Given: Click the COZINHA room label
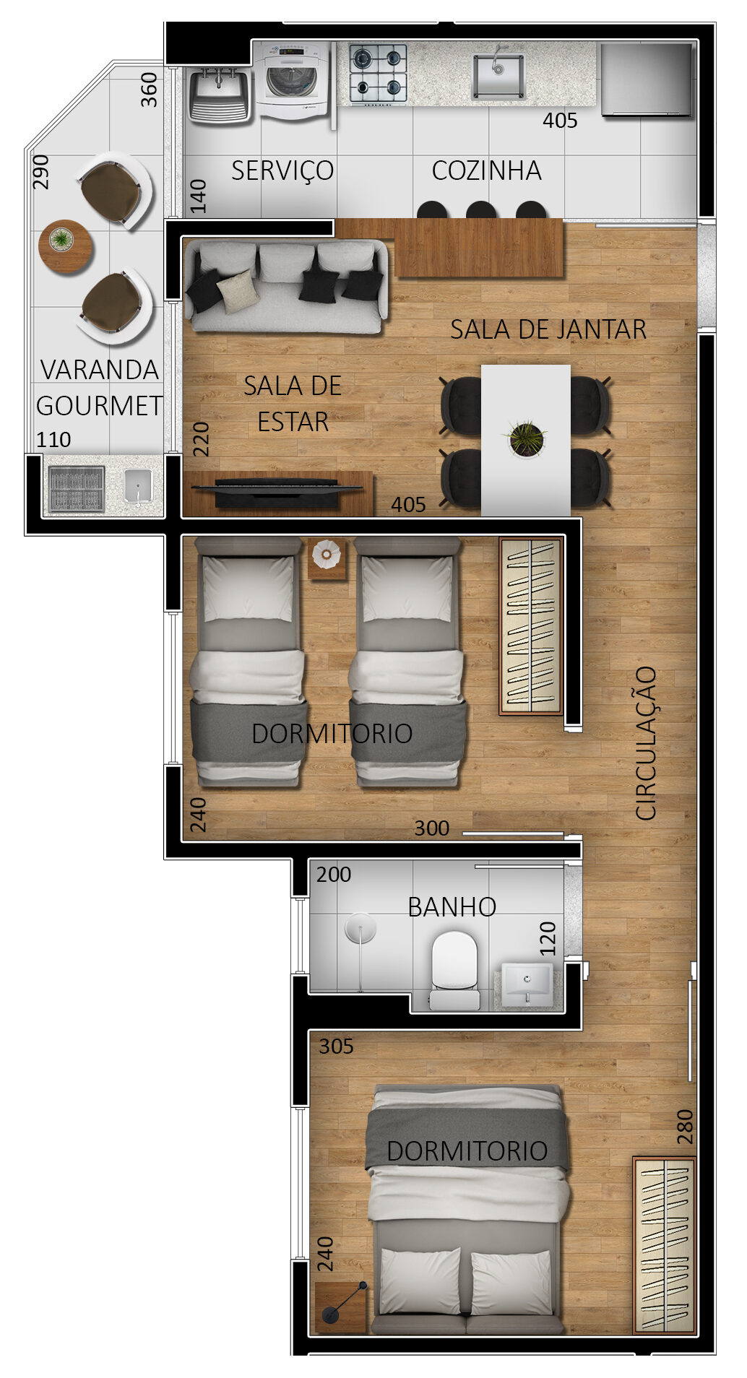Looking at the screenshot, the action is tap(486, 170).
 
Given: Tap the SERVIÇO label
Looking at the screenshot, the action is tap(282, 170).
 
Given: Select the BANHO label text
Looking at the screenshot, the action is tap(452, 906).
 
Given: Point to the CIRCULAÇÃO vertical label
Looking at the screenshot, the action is tap(646, 743).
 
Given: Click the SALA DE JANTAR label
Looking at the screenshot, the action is tap(548, 329).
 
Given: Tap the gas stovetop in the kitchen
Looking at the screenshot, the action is tap(378, 73).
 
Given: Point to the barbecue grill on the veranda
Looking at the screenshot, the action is tap(77, 489).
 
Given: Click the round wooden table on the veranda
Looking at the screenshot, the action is tap(66, 245).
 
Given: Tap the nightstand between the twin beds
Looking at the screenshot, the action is tap(327, 558).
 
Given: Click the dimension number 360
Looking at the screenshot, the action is tap(149, 90).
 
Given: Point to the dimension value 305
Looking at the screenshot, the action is tap(336, 1046).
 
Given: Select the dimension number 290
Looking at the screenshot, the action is tap(41, 172).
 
